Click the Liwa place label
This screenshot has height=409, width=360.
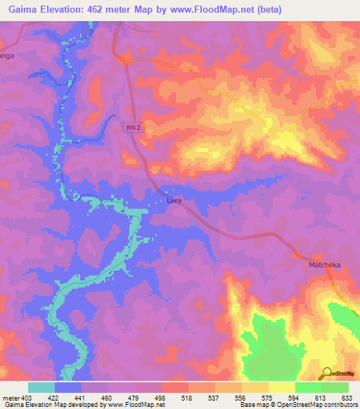point(174,200)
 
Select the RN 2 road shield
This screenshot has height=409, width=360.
point(134,127)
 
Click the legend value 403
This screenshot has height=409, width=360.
point(27,398)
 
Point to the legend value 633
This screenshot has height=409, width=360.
point(346,398)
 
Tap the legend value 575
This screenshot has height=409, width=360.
point(266,398)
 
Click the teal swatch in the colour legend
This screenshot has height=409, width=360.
point(41,387)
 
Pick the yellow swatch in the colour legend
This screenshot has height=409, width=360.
point(282,387)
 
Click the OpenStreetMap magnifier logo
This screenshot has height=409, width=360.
point(326,373)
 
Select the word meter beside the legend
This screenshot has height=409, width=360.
point(10,398)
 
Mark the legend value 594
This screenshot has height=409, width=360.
point(292,398)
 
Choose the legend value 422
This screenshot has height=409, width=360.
point(52,398)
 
